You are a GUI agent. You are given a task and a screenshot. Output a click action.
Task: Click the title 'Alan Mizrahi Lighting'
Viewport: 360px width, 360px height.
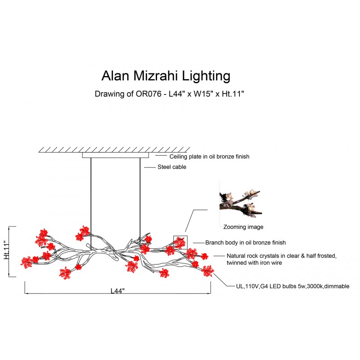166,75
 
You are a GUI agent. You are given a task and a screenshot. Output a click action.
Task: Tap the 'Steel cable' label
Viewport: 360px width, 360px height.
171,167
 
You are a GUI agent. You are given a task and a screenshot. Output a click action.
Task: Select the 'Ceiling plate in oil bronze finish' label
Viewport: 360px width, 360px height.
209,157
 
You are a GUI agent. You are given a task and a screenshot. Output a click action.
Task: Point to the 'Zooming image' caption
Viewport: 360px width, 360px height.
243,227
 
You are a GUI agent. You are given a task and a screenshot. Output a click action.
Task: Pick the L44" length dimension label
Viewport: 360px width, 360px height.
117,290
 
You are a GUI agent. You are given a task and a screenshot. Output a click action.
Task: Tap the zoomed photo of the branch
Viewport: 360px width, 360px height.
240,201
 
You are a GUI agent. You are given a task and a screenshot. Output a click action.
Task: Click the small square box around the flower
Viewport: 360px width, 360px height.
180,242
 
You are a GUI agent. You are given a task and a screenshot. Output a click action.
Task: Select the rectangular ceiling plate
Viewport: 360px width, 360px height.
115,155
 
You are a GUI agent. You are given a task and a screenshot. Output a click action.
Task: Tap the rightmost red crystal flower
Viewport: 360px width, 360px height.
207,271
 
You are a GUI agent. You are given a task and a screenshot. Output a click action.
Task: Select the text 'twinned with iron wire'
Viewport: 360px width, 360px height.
254,262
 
